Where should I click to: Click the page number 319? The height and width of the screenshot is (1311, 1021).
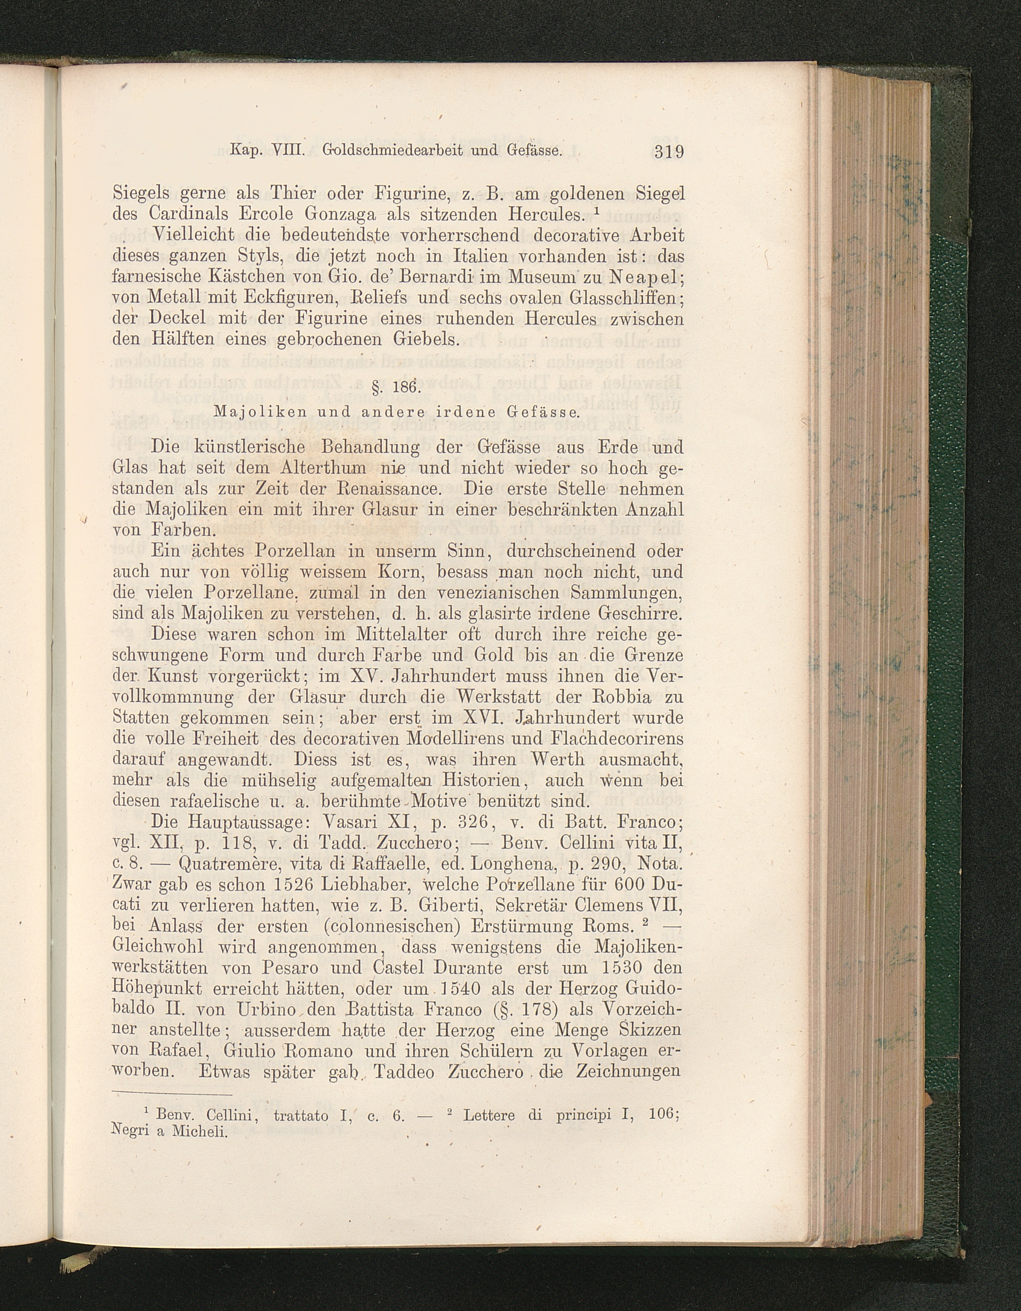point(669,152)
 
